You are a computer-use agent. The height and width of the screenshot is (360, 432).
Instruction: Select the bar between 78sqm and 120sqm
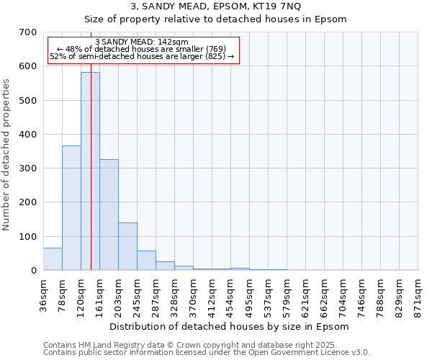point(71,208)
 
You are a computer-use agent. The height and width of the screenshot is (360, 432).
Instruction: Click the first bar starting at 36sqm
point(53,259)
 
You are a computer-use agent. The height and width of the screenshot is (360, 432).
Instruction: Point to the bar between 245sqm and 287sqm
point(146,261)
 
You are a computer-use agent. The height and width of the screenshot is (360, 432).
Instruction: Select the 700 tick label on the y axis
point(28,32)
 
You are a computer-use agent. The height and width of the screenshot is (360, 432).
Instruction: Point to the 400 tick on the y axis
point(28,135)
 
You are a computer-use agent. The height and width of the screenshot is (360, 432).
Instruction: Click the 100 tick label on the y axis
point(28,236)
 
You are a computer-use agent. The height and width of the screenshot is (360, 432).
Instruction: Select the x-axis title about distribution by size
point(230,326)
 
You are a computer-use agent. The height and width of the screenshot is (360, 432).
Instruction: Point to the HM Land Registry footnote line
point(194,345)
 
